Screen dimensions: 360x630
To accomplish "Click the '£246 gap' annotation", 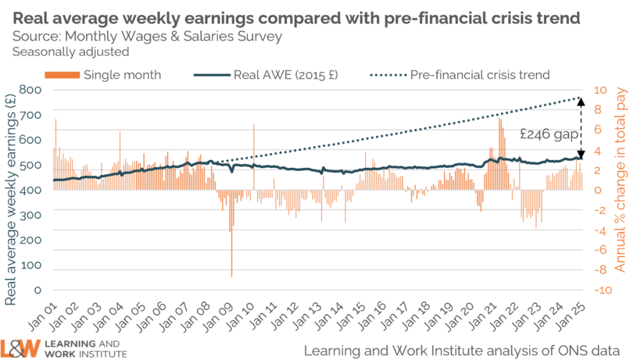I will tap(547, 133).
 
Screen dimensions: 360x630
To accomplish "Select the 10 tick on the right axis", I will tap(600, 90).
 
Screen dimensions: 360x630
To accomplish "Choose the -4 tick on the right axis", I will tap(599, 230).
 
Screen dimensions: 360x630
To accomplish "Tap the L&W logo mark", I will tap(20, 348).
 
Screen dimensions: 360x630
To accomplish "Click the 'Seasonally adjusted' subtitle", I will tap(71, 52).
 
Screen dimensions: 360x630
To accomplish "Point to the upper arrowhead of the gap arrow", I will tap(580, 101).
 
